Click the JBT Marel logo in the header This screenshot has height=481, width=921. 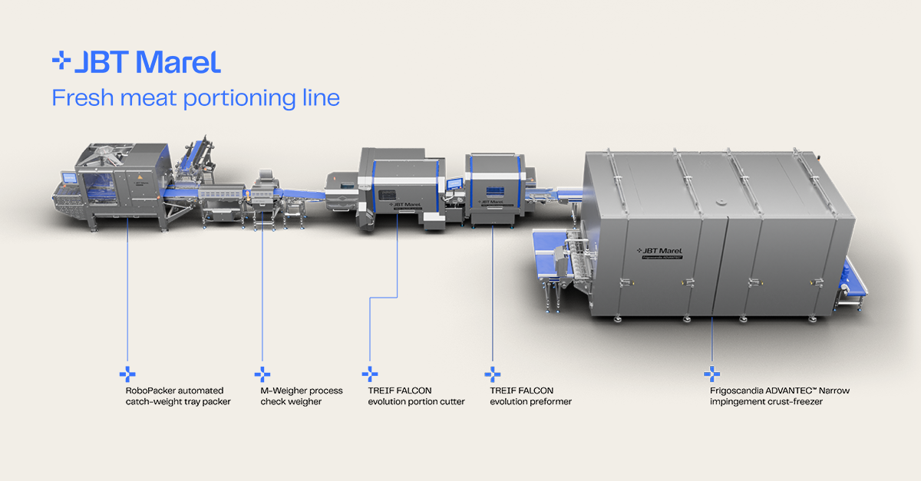pos(137,62)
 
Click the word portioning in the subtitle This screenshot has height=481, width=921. pos(239,99)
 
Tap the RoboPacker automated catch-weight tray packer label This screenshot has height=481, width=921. pos(178,396)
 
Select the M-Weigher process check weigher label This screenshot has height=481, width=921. pos(302,396)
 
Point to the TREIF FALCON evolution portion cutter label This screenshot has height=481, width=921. pos(416,396)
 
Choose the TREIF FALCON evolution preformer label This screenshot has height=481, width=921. pos(530,396)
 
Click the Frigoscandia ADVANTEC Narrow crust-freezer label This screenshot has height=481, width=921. pos(780,396)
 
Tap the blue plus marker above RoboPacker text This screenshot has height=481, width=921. pos(127,374)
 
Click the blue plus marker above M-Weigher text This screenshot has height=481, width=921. pos(262,374)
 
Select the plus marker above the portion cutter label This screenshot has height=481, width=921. pos(370,374)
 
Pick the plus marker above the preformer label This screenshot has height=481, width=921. pos(493,374)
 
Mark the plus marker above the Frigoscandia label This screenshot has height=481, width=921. pos(711,374)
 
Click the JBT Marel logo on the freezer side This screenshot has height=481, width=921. pos(659,251)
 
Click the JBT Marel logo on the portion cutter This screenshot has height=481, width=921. pos(405,204)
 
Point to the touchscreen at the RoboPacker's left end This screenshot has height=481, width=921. pos(69,178)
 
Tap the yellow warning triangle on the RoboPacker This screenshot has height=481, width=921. pos(140,176)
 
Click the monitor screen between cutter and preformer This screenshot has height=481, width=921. pos(454,184)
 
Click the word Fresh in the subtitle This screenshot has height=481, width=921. pos(83,98)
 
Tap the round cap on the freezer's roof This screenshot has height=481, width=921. pos(721,203)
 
